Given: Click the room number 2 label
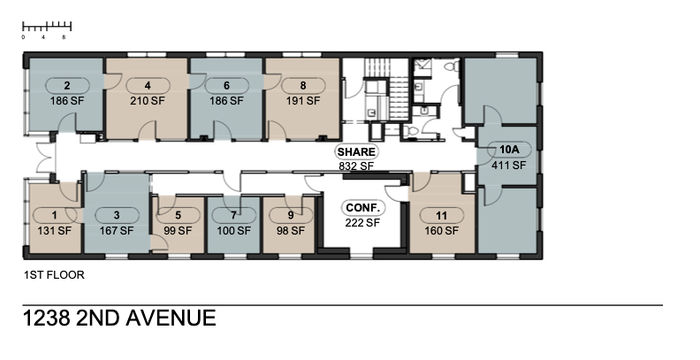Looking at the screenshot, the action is click(67, 85).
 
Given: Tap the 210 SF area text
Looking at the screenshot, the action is click(147, 101).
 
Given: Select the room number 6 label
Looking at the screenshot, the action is click(226, 85).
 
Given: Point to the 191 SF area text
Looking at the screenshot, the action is click(303, 101).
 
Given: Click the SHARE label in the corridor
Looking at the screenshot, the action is click(356, 152).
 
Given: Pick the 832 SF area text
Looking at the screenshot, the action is click(356, 166).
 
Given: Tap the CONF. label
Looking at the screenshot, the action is click(362, 208).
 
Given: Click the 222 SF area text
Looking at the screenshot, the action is click(362, 222).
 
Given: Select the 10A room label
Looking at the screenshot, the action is click(509, 150).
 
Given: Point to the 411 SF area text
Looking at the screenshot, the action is click(509, 165).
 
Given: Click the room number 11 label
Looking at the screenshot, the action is click(441, 216).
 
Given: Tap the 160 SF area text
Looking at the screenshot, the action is click(441, 231).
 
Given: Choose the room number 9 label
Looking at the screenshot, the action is click(291, 215).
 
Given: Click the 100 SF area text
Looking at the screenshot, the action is click(234, 231).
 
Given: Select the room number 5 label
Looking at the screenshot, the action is click(178, 215).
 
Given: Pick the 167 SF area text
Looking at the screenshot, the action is click(117, 231).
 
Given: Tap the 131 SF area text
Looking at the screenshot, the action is click(54, 231).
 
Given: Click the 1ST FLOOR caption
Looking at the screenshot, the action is click(54, 275).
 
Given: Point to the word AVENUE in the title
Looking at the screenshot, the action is click(171, 318).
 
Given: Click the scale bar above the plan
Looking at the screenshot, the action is click(47, 27).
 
